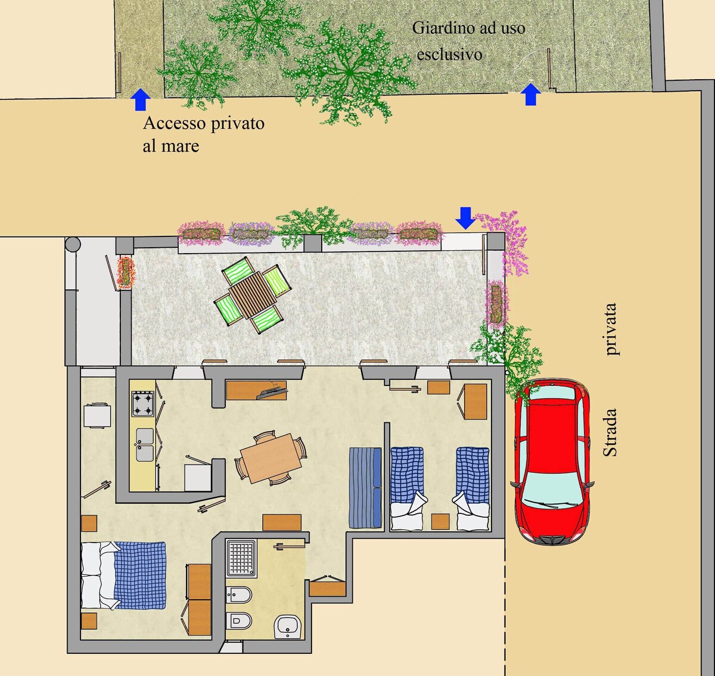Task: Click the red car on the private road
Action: [552, 462]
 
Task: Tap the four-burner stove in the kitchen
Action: [143, 404]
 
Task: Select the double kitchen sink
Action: [144, 444]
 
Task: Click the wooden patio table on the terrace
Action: [253, 295]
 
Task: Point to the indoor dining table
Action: [271, 458]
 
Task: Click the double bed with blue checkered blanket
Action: [123, 575]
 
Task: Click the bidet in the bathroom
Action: [238, 595]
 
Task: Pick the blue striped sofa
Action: [365, 487]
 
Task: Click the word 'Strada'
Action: [610, 432]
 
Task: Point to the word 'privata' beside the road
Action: [610, 329]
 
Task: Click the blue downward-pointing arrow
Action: [465, 218]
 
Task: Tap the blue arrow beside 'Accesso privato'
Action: [140, 99]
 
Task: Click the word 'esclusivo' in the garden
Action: [449, 55]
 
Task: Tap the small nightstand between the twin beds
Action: [440, 521]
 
